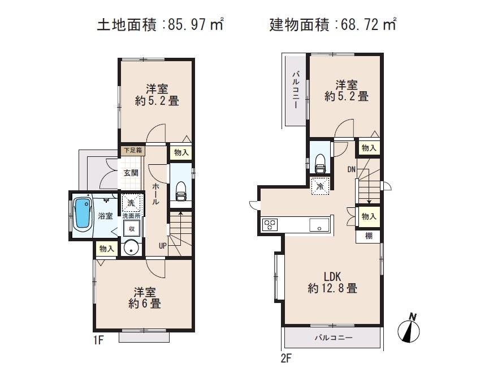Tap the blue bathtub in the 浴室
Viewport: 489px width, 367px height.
click(82, 214)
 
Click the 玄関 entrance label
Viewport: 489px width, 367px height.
click(131, 173)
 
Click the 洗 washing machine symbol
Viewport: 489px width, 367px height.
click(131, 203)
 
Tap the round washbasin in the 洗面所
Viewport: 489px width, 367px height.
click(131, 247)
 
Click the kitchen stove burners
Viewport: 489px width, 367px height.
click(269, 224)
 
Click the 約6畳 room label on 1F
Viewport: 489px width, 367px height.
click(145, 298)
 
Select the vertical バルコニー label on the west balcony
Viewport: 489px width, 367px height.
click(295, 91)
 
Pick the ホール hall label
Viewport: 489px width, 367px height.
click(155, 194)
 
